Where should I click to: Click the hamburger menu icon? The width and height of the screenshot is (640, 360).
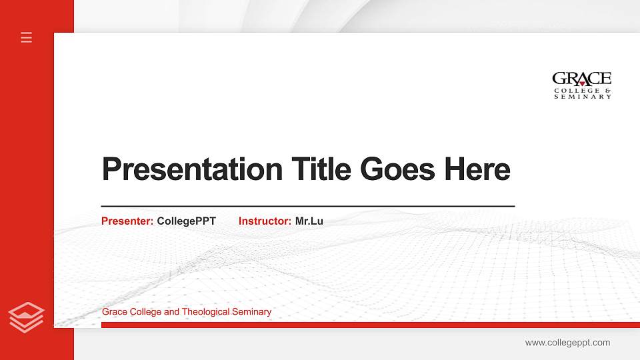click(27, 37)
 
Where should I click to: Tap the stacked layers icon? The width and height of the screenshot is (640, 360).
click(27, 317)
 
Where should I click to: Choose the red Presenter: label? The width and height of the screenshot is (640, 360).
click(127, 221)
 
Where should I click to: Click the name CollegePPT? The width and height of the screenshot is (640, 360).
click(186, 221)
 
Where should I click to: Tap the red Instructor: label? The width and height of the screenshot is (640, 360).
click(265, 221)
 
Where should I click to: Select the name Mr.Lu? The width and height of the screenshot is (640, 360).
click(309, 221)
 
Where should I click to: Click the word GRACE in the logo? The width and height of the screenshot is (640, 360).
click(581, 79)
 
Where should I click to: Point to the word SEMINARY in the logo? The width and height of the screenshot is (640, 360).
click(582, 97)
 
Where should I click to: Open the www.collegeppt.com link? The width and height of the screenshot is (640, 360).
click(567, 343)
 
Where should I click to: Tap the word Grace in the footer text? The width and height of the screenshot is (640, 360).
click(113, 312)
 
